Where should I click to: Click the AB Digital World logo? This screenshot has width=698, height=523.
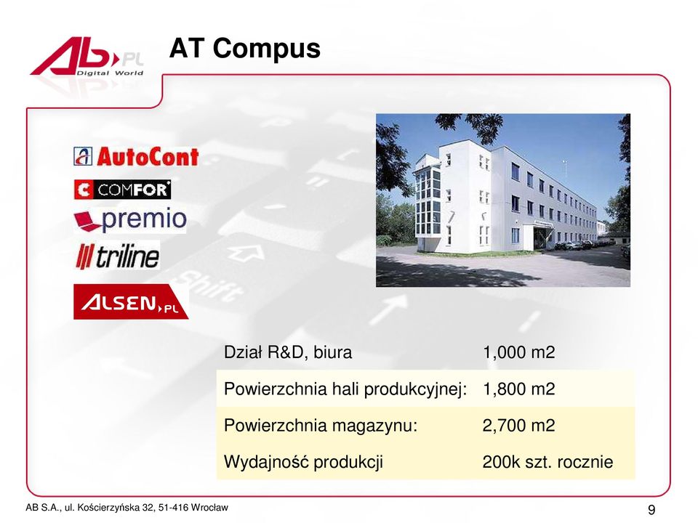point(87,57)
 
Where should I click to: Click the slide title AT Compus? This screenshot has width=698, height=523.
point(245,48)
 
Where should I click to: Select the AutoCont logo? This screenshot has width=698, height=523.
point(136,157)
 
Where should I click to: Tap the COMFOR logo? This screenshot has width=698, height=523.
point(122,190)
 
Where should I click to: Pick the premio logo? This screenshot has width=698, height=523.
point(130,219)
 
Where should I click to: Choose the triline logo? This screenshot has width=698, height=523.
point(118,256)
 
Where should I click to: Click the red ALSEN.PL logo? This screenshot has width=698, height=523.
point(131,301)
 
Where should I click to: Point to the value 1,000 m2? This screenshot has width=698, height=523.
point(518,352)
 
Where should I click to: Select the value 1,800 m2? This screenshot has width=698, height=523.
point(518,389)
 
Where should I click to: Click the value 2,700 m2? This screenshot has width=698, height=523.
point(518,426)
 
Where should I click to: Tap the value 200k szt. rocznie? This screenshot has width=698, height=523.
point(547,462)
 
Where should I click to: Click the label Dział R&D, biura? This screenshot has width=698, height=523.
point(288,352)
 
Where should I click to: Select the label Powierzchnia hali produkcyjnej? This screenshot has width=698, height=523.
point(345,389)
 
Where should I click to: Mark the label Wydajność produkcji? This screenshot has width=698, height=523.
point(303,463)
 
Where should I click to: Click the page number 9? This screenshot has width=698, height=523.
point(651,510)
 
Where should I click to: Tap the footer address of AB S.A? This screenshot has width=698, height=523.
point(127,508)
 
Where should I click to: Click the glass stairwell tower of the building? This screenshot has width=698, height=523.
point(428,203)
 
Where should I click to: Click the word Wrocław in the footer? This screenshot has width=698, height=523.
point(209,508)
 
